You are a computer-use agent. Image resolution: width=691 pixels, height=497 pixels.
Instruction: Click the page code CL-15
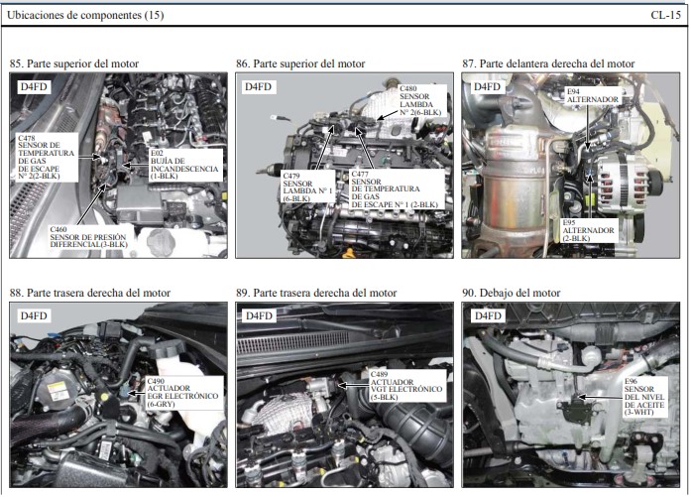coord(665,15)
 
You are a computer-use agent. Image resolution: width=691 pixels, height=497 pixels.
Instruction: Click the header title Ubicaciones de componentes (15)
coord(85,16)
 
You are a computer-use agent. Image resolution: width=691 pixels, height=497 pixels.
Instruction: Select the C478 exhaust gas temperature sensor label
coord(47,157)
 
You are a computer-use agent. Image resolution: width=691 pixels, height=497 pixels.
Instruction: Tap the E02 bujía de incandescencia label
coord(185,165)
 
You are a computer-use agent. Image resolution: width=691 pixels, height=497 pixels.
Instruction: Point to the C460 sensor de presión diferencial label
coord(89,237)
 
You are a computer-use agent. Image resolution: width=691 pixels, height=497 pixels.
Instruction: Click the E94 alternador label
coord(592,95)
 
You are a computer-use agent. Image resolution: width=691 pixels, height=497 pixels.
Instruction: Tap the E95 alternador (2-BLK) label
coord(589,230)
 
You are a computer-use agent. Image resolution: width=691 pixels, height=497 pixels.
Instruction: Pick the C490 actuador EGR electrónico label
coord(182,393)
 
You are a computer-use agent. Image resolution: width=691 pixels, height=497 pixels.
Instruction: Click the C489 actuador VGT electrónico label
coord(406,386)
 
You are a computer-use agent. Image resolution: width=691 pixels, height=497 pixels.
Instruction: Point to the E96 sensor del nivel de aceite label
coord(644,397)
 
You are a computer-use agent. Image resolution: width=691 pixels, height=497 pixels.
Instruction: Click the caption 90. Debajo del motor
coord(512,293)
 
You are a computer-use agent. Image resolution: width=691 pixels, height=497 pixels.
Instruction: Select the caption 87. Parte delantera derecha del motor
coord(548,63)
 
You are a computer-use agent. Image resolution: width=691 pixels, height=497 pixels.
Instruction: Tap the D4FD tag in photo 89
coord(259,315)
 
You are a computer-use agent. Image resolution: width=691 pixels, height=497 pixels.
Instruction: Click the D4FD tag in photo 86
coord(258,86)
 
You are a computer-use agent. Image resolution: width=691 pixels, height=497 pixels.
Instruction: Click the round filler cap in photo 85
coord(161,242)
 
